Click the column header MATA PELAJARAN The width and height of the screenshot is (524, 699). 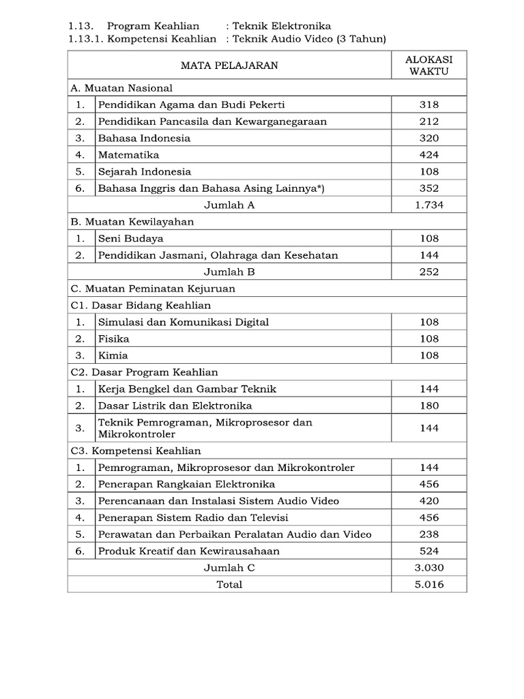pyautogui.click(x=229, y=66)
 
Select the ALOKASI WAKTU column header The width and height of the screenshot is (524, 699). pyautogui.click(x=429, y=66)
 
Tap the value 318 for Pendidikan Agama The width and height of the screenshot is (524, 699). pyautogui.click(x=429, y=104)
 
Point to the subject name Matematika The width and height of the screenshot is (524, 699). pyautogui.click(x=128, y=155)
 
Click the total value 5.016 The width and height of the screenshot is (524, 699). pyautogui.click(x=429, y=584)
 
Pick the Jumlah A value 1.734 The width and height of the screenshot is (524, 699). pyautogui.click(x=429, y=205)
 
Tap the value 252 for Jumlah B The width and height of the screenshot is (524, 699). pyautogui.click(x=429, y=272)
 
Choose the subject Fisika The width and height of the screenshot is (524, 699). pyautogui.click(x=113, y=339)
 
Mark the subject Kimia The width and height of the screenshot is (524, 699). pyautogui.click(x=113, y=356)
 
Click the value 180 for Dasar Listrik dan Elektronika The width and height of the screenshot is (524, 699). pyautogui.click(x=429, y=405)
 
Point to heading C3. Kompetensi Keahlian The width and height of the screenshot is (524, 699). pyautogui.click(x=136, y=451)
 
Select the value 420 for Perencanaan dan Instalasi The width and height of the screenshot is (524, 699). pyautogui.click(x=429, y=501)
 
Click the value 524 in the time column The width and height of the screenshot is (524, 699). pyautogui.click(x=429, y=551)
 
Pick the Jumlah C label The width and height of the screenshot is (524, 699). pyautogui.click(x=229, y=568)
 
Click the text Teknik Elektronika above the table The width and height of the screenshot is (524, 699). pyautogui.click(x=282, y=26)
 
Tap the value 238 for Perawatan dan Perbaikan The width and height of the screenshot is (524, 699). pyautogui.click(x=429, y=534)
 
